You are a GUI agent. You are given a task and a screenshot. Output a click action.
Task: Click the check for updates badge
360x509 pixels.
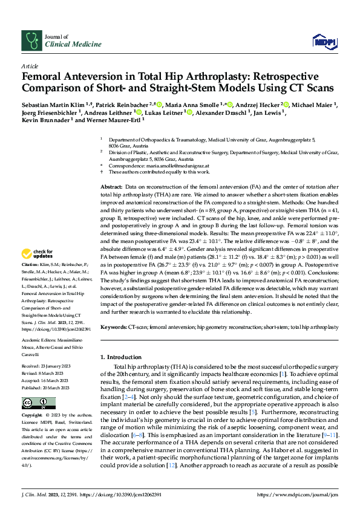pos(38,271)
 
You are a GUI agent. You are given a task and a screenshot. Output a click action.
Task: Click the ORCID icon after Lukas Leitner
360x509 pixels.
pos(189,112)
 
